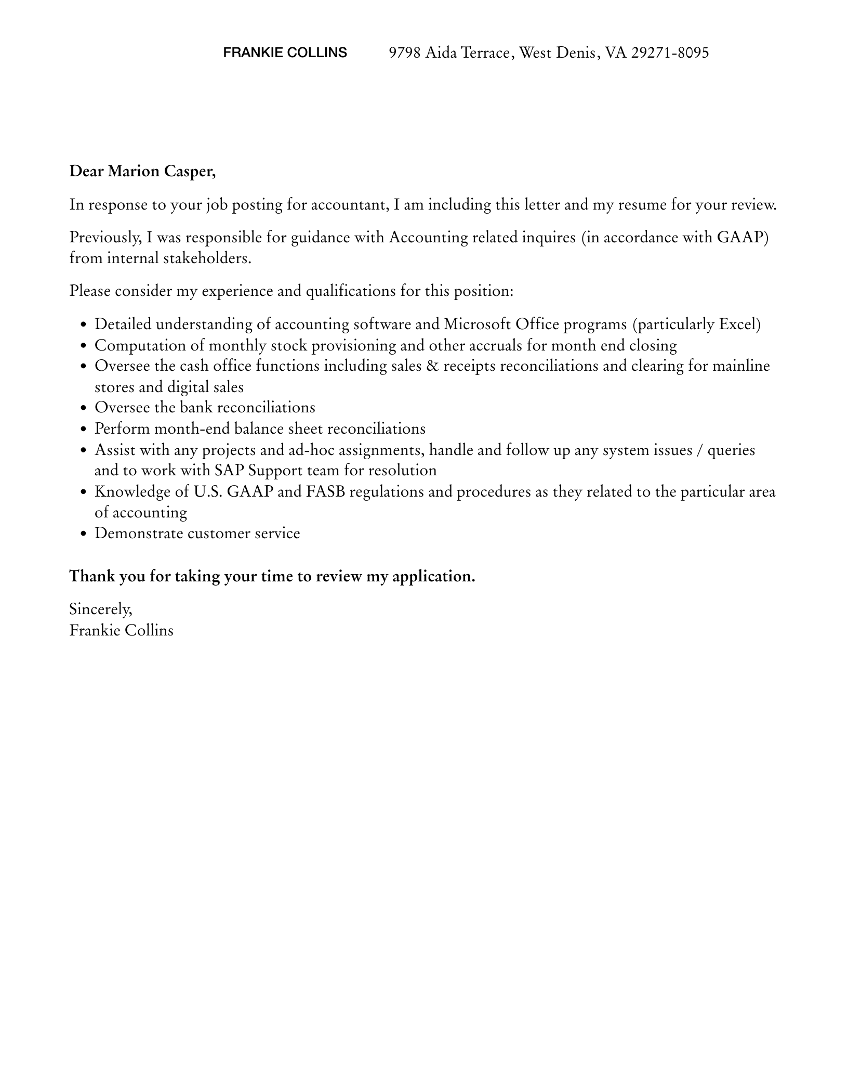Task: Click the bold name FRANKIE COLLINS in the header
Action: [x=285, y=53]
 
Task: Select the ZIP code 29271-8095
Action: [x=670, y=53]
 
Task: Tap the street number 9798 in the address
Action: [x=405, y=53]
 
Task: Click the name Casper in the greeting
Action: [x=190, y=171]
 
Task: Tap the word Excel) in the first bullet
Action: [x=739, y=324]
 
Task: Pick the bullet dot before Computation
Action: [x=84, y=346]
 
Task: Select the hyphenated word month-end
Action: [x=192, y=429]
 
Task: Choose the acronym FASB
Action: [x=325, y=492]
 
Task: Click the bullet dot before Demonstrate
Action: [x=84, y=535]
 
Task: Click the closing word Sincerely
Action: [x=100, y=609]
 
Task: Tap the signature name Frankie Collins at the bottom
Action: [x=121, y=631]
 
